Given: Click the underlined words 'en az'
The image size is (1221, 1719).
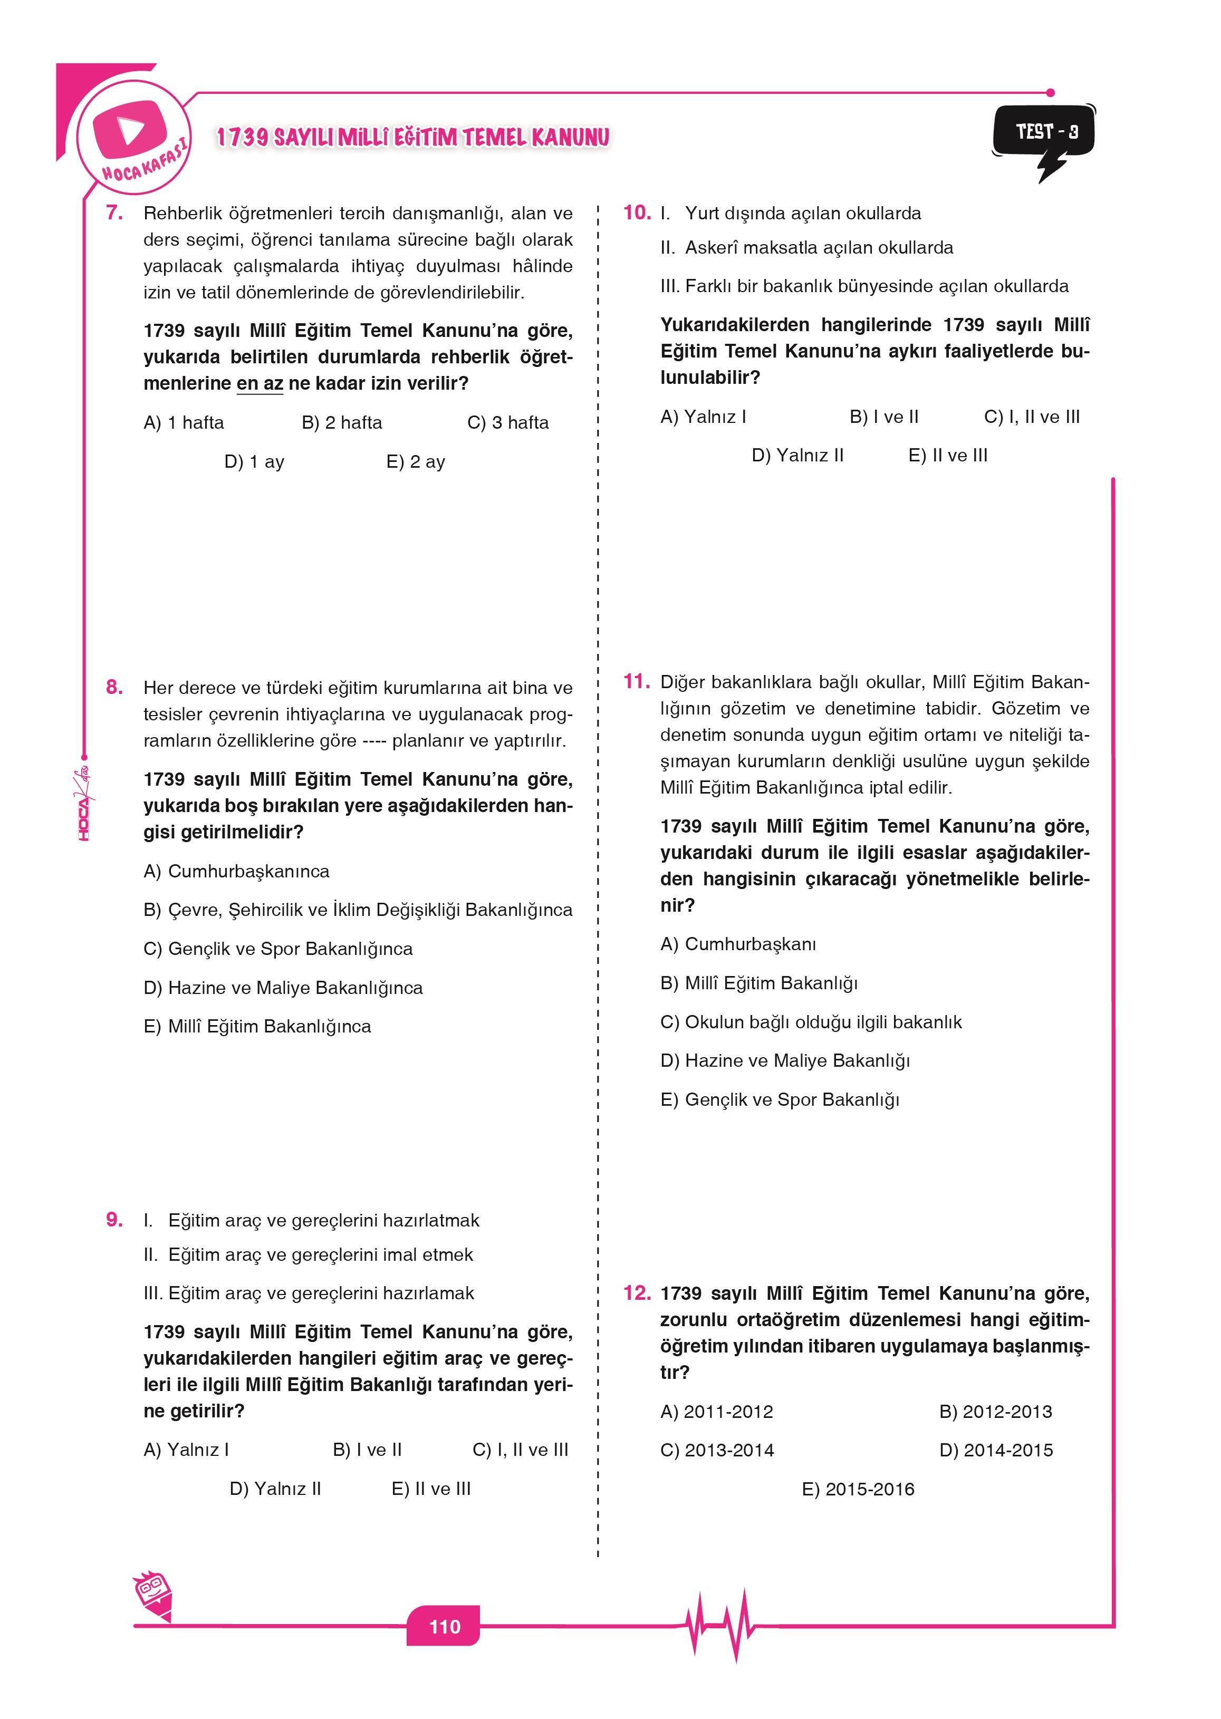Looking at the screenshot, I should (x=259, y=383).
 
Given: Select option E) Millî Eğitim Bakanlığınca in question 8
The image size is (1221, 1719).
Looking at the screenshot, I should (x=257, y=1026).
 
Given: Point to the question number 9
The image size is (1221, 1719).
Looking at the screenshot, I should (x=114, y=1220).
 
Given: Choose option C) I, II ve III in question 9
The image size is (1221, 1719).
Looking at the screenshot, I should (x=520, y=1450).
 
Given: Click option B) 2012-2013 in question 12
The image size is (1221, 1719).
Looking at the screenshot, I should (x=995, y=1412).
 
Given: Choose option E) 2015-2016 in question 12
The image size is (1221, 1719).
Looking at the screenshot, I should (x=857, y=1489).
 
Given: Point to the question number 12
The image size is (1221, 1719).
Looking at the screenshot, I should (x=636, y=1293).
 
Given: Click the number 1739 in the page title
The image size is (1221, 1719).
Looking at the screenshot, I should (x=242, y=138).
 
